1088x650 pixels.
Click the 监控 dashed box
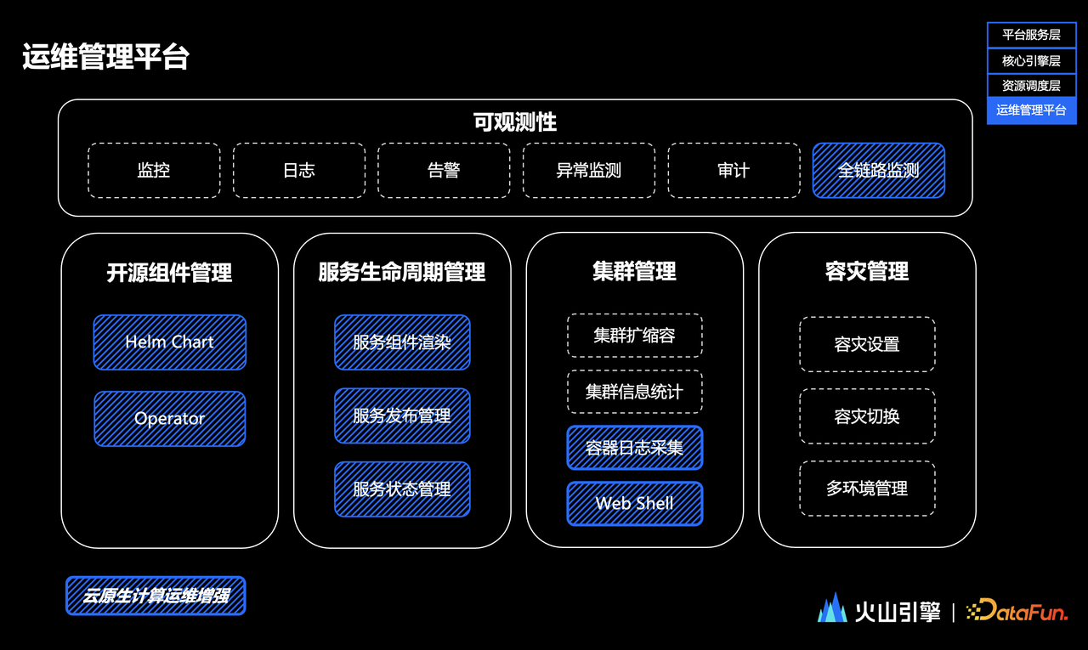154,171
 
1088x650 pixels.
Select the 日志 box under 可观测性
299,171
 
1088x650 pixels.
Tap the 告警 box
444,171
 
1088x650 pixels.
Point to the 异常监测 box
589,171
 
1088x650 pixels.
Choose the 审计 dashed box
734,171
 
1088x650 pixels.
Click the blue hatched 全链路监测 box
879,171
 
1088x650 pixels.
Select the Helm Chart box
169,342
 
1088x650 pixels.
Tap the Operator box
169,418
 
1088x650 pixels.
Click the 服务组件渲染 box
402,342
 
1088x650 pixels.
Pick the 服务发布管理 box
402,415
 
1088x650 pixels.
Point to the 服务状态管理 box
402,489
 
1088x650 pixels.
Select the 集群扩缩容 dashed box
635,336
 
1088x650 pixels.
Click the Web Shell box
635,503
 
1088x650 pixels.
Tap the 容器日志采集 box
635,448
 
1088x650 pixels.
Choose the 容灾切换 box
867,416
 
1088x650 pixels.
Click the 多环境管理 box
867,489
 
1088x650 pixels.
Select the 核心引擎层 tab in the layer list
1032,60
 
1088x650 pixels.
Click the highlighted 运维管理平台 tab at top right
1032,110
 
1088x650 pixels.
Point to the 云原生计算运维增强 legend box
156,596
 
